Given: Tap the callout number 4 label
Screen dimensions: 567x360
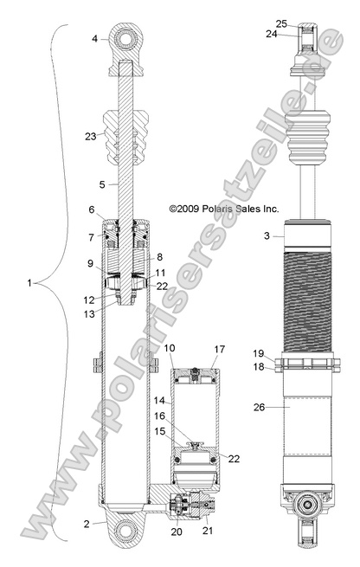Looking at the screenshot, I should coord(94,38).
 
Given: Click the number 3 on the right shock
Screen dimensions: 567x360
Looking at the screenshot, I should coord(267,235).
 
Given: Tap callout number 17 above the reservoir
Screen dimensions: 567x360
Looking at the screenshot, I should coord(218,350).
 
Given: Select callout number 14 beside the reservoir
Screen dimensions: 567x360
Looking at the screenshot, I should coord(157,402).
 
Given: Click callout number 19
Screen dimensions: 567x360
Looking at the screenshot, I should coord(259,353).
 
